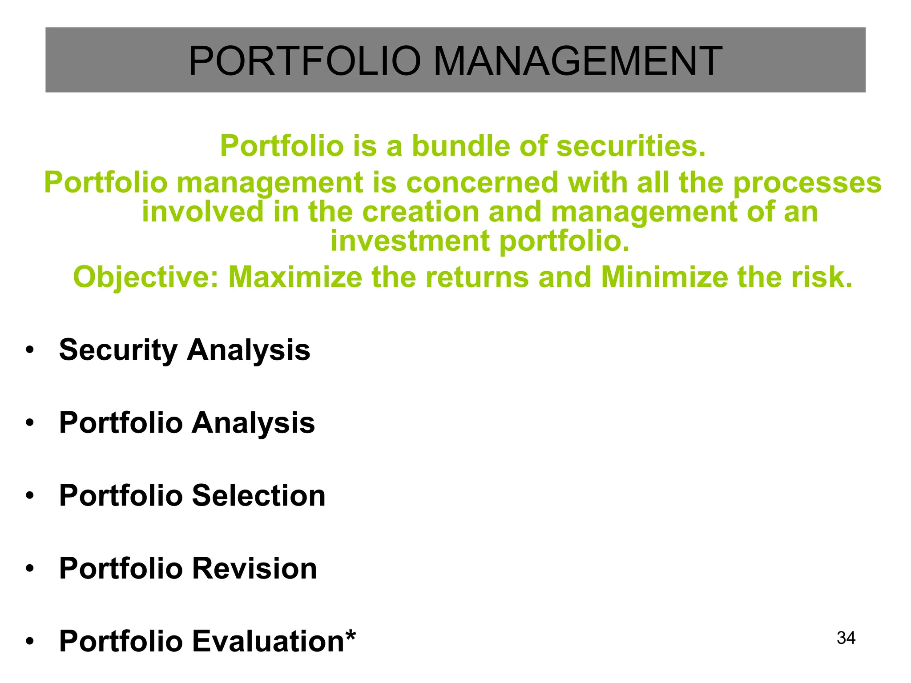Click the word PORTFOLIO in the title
(305, 61)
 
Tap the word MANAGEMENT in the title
(577, 61)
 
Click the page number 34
(846, 638)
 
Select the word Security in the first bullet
(118, 350)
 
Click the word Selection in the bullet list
(259, 495)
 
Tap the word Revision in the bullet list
(254, 568)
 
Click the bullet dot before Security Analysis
(30, 350)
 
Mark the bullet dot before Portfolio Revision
(30, 569)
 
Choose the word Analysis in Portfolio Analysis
(254, 423)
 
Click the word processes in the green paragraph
(807, 183)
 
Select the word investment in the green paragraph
(410, 241)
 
